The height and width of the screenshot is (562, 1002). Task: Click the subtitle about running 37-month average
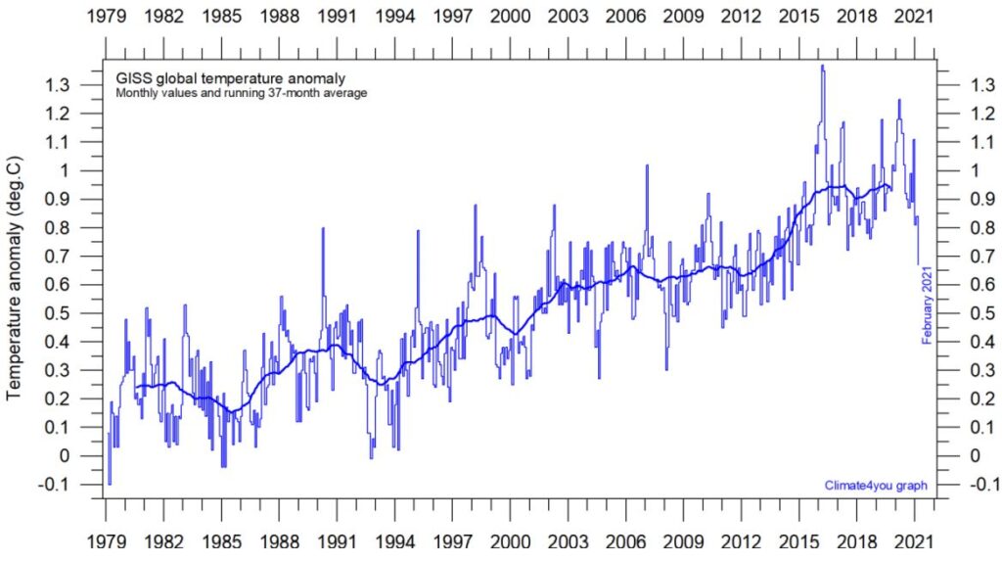[x=241, y=94]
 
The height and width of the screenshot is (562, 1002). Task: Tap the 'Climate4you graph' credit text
[x=876, y=485]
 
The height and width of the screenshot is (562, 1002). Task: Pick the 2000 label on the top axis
[x=509, y=17]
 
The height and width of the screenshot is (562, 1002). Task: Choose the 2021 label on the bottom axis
[x=914, y=540]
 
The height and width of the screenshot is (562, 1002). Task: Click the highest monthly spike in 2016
[x=823, y=67]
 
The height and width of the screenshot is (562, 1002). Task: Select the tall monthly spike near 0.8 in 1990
[x=322, y=229]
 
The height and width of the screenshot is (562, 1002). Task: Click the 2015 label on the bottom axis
[x=798, y=540]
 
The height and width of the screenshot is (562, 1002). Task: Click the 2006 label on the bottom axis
[x=624, y=540]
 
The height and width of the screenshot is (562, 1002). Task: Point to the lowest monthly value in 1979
[x=110, y=483]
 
